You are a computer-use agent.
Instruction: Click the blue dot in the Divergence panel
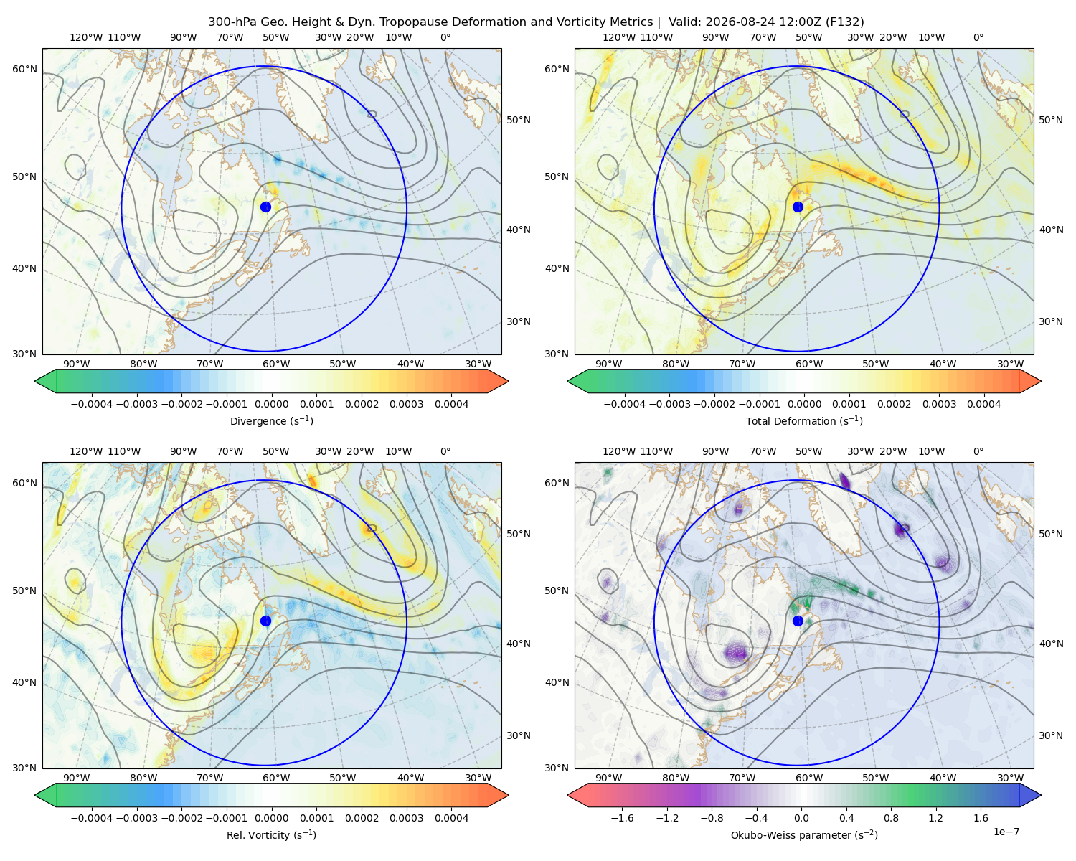[265, 207]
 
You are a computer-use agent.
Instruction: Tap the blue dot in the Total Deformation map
[798, 207]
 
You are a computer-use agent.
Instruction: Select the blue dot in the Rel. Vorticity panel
[265, 621]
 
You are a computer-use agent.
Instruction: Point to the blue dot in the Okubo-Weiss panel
[798, 621]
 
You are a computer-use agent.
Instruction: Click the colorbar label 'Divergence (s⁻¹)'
[271, 420]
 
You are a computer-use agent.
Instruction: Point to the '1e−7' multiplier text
[1006, 832]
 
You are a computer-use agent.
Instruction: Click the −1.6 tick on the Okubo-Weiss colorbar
[622, 818]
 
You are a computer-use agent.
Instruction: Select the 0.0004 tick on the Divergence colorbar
[451, 404]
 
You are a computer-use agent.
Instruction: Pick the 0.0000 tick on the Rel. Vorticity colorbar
[271, 818]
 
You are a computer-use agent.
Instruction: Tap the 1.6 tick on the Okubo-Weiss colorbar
[981, 818]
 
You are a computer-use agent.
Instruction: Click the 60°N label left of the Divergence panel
[24, 69]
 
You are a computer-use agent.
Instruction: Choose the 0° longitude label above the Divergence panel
[445, 37]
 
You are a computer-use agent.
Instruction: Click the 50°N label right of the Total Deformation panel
[1050, 120]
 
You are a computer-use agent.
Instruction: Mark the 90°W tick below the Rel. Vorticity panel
[77, 778]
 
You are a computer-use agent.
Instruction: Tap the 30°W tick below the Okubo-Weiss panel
[1010, 778]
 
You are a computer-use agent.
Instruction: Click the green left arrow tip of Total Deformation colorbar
[567, 381]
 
